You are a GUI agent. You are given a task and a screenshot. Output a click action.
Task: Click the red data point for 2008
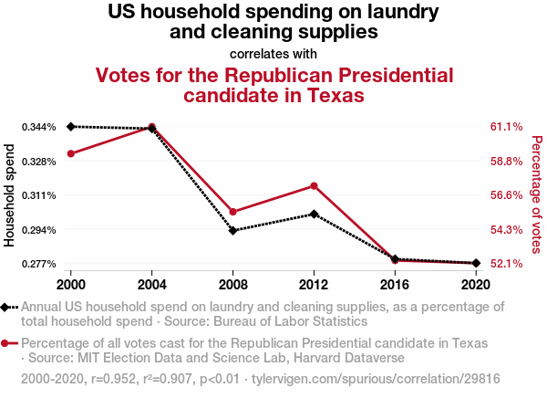233,212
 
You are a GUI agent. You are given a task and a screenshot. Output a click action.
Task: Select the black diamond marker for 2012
314,214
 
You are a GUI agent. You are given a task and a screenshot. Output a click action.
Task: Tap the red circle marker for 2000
71,153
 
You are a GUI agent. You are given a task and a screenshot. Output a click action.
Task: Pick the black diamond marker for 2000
71,126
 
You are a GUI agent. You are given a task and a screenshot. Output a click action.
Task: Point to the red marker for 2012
314,186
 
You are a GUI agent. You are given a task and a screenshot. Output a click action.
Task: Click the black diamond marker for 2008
233,231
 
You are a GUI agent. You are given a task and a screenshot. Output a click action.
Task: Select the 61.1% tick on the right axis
506,127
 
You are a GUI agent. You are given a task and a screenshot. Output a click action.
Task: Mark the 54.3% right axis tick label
506,230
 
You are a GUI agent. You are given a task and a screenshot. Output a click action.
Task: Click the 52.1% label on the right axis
506,264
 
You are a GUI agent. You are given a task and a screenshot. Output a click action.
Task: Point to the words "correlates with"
273,53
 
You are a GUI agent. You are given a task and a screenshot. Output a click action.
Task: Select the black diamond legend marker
7,308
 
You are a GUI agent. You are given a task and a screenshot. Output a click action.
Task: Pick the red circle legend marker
7,344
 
